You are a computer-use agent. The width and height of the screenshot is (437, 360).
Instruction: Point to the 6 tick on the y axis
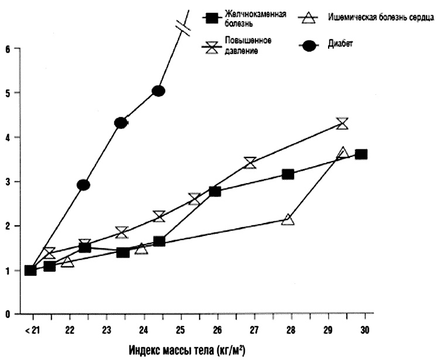point(8,49)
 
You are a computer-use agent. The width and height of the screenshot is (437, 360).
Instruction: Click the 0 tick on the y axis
point(8,314)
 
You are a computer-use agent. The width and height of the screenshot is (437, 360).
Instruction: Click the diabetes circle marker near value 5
point(158,91)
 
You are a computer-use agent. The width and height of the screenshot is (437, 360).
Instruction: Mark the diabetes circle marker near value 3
point(83,185)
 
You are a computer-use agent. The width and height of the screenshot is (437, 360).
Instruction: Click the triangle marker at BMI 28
point(288,220)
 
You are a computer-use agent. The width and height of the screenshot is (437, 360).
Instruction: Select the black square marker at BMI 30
point(361,155)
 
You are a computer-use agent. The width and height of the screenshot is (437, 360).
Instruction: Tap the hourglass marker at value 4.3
point(343,124)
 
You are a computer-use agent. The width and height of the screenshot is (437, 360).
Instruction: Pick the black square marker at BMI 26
point(214,191)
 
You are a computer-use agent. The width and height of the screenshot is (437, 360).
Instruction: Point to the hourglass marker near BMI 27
point(250,163)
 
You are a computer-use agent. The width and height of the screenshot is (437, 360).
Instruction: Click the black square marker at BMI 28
point(288,174)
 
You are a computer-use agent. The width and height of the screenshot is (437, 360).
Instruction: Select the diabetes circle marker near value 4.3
point(121,123)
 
